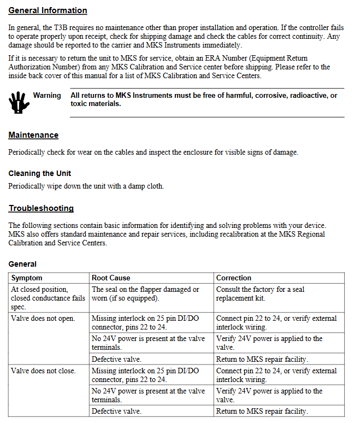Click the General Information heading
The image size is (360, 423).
pos(48,10)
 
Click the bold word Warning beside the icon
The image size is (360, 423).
pos(47,96)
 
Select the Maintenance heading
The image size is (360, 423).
pos(33,135)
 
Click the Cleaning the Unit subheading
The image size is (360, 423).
pos(39,173)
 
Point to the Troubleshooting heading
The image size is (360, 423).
pos(41,208)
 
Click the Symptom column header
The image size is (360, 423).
pos(27,278)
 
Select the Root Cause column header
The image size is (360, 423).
pos(111,278)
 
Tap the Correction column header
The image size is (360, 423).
pos(234,278)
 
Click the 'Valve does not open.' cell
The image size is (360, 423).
pos(43,318)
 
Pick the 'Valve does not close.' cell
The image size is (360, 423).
pos(43,371)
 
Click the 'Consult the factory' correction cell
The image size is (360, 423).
pos(260,293)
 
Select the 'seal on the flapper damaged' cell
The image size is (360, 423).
pos(145,293)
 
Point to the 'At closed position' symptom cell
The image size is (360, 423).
pos(48,293)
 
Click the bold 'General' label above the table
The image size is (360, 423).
pos(22,264)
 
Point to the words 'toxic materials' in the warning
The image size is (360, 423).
pos(96,103)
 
